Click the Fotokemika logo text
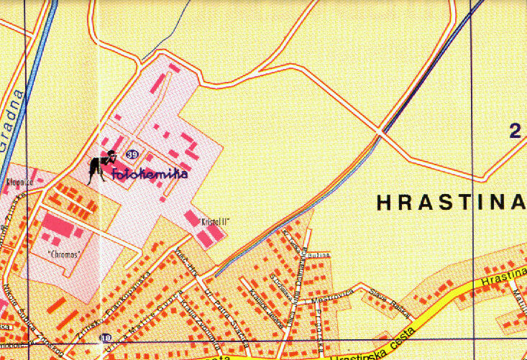(150, 173)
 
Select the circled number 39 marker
(132, 154)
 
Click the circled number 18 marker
(107, 338)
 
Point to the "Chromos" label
(62, 254)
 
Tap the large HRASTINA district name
(451, 203)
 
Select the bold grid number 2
(514, 131)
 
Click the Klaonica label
(17, 184)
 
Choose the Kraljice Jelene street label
(263, 301)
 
